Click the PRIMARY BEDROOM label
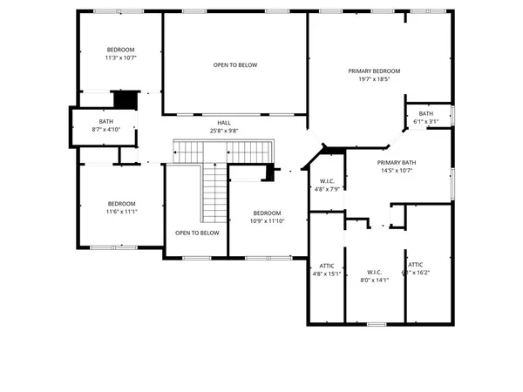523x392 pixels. tap(374, 71)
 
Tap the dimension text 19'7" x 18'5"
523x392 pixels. tap(374, 79)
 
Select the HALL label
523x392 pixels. tap(224, 123)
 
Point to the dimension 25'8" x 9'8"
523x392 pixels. tap(224, 132)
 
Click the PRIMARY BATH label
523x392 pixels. tap(397, 162)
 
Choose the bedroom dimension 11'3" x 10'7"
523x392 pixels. tap(121, 57)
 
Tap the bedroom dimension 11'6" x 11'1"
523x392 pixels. tap(121, 212)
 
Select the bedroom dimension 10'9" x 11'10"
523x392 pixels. tap(268, 221)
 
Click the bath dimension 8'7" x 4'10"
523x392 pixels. tap(106, 130)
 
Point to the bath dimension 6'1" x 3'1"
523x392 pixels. tap(425, 122)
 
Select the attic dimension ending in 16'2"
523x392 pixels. tap(416, 273)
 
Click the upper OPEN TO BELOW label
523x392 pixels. tap(235, 64)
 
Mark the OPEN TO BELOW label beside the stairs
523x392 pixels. tap(197, 233)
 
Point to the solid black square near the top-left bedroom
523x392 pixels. tap(128, 99)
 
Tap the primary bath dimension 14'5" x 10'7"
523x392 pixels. tap(397, 171)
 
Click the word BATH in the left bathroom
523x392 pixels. tap(106, 121)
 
